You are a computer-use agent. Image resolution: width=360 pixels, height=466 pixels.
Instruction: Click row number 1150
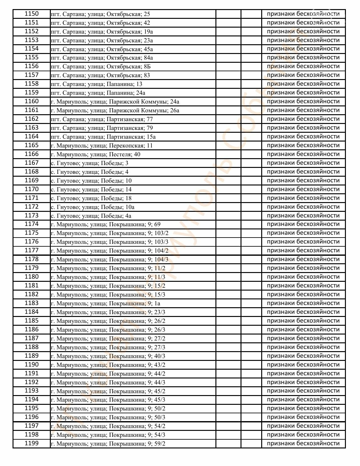click(31, 14)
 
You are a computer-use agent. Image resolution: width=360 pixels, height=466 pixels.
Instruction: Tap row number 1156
click(31, 66)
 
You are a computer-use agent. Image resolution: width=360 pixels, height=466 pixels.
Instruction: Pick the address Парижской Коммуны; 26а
click(115, 110)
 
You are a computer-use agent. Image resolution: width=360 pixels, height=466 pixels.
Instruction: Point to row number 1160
click(31, 101)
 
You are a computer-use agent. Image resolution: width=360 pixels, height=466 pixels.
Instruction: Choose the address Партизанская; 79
click(102, 128)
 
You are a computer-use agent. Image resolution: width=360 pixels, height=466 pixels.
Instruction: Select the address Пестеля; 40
click(96, 154)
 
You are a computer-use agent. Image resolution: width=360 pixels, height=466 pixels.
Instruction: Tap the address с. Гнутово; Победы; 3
click(89, 163)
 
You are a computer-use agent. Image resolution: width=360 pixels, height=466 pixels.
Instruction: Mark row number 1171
click(31, 198)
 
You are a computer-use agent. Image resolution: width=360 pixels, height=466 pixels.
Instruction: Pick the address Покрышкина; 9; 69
click(106, 224)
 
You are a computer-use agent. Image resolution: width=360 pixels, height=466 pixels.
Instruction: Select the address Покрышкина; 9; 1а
click(106, 303)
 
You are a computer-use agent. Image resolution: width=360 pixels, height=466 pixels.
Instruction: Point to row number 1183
click(31, 303)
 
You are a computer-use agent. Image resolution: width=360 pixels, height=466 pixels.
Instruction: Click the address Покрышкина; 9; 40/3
click(108, 356)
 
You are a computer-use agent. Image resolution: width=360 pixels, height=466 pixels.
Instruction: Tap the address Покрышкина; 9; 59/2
click(108, 444)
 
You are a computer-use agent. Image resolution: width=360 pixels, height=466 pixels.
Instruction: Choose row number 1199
click(31, 443)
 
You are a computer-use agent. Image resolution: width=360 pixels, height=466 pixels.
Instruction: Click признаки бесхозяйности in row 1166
click(303, 154)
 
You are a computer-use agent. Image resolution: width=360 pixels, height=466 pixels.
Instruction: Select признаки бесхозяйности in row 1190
click(303, 365)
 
